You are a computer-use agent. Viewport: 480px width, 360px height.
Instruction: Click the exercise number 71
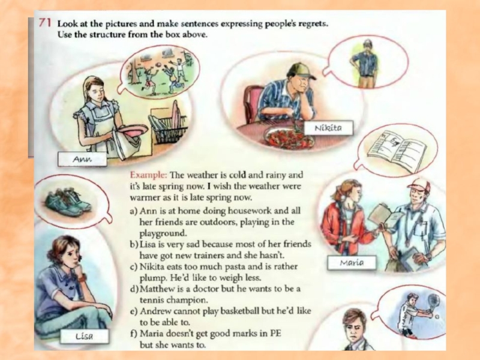(x=45, y=23)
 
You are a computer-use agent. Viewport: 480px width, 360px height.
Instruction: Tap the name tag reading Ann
(x=82, y=160)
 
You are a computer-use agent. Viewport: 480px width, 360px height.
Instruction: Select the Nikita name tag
(x=328, y=128)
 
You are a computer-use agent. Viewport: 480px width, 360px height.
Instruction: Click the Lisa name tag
(x=84, y=337)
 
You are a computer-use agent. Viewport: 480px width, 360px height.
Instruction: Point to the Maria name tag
(x=352, y=263)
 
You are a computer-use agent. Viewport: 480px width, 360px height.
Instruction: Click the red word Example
(x=148, y=175)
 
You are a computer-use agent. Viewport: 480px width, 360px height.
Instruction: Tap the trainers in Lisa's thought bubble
(x=68, y=202)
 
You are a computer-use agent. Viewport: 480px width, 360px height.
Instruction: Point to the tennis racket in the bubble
(x=432, y=301)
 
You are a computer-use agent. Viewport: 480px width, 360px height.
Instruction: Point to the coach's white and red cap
(x=419, y=184)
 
